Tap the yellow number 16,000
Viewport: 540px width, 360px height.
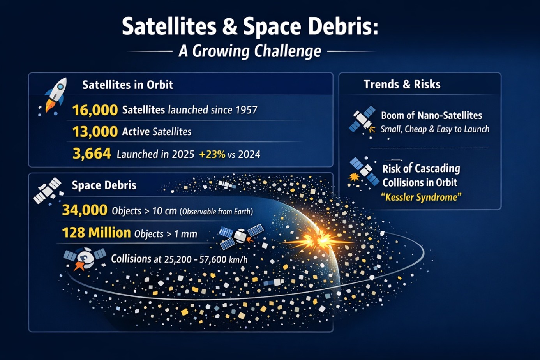coord(95,110)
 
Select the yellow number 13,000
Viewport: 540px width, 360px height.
coord(95,132)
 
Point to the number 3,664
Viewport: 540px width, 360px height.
coord(92,154)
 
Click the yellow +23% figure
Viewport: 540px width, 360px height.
coord(212,154)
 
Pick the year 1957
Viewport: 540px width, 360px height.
coord(246,110)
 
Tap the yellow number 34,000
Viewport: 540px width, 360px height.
coord(85,210)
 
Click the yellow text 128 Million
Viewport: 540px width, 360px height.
coord(97,233)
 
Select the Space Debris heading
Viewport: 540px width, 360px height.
coord(104,185)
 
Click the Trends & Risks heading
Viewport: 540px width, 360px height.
coord(402,85)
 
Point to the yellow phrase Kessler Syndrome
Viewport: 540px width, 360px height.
coord(421,197)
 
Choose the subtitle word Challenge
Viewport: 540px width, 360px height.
coord(288,51)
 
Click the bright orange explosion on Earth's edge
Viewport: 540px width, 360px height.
coord(318,240)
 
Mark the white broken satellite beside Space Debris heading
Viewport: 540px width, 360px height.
coord(48,191)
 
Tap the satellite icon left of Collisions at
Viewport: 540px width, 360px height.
coord(85,259)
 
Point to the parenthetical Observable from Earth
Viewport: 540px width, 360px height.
coord(217,212)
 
